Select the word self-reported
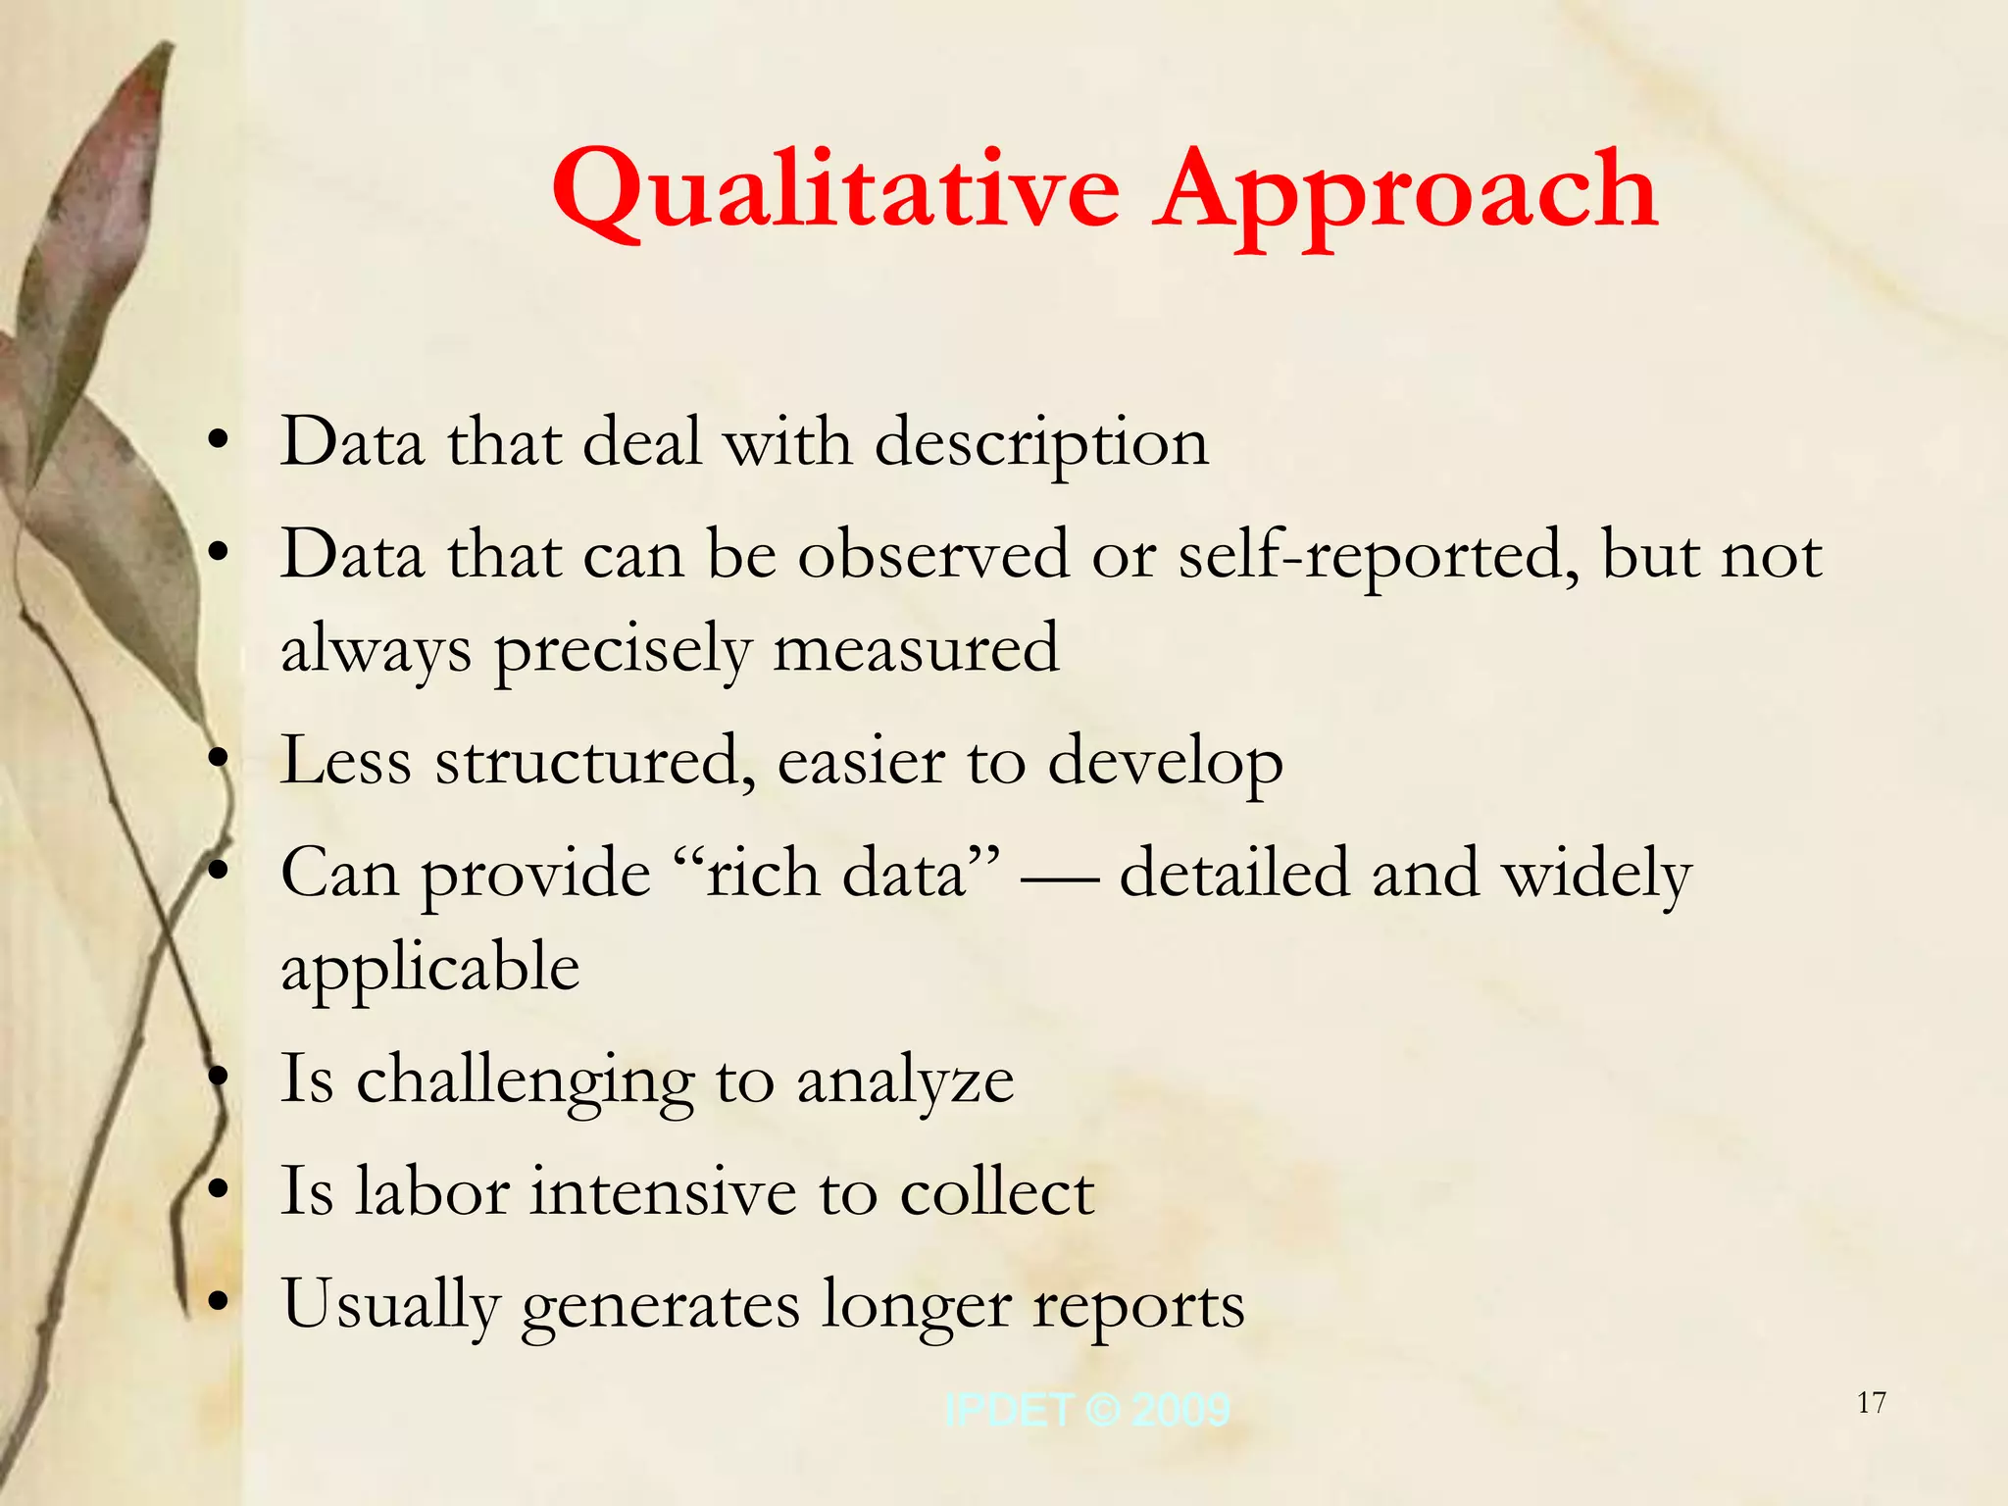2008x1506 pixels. point(1379,557)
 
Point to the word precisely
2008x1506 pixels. point(622,651)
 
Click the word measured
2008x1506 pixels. point(916,649)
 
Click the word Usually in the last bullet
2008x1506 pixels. point(391,1306)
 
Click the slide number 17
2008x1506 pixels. point(1872,1403)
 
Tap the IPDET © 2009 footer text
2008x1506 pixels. point(1086,1410)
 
